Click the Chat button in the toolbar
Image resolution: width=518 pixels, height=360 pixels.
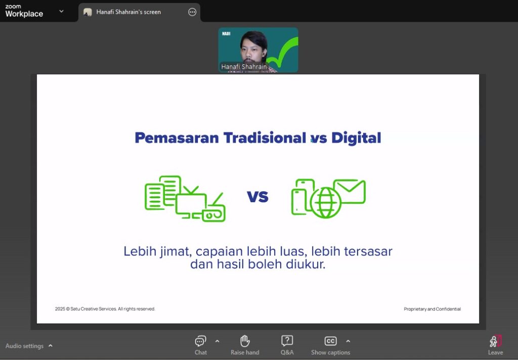[200, 345]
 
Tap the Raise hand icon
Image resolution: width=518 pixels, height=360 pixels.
[245, 341]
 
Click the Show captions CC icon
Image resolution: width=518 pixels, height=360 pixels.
[330, 341]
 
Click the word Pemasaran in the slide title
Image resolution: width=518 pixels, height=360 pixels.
[177, 138]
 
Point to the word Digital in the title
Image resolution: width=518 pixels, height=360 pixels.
[356, 138]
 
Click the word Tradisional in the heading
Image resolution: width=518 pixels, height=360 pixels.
[265, 138]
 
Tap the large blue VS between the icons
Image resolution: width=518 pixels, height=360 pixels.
[257, 197]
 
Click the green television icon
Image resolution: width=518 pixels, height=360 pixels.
[191, 202]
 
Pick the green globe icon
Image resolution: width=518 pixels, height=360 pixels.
[325, 202]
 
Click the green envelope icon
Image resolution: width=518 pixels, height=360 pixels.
[350, 191]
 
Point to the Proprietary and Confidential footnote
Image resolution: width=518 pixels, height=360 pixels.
[432, 309]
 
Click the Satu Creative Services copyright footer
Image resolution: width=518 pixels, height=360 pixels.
[105, 309]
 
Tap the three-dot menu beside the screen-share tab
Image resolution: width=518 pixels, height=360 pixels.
[192, 12]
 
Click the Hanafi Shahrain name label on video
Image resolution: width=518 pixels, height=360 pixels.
[244, 67]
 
